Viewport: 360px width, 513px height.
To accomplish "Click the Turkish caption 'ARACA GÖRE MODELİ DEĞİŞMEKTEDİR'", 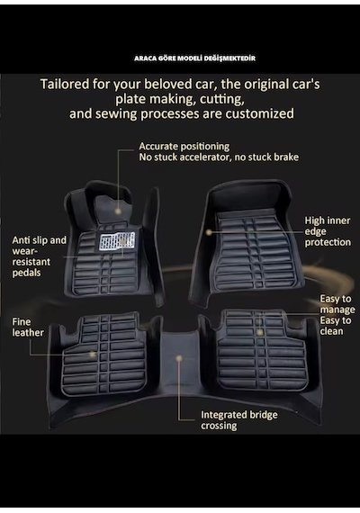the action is pyautogui.click(x=194, y=58).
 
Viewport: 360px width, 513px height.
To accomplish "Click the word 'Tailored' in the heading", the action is pyautogui.click(x=65, y=85).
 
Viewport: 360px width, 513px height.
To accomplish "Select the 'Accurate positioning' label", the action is pyautogui.click(x=184, y=146).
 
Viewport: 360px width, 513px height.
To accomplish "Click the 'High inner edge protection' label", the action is pyautogui.click(x=328, y=231).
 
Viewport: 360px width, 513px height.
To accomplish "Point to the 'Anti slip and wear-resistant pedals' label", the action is pyautogui.click(x=40, y=256).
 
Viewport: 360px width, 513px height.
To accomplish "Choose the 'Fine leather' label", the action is pyautogui.click(x=28, y=328).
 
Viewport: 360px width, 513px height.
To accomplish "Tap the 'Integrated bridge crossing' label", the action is pyautogui.click(x=239, y=420).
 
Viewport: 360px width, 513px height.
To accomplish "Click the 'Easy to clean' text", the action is pyautogui.click(x=336, y=326).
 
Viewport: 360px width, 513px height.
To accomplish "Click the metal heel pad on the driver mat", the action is pyautogui.click(x=117, y=241).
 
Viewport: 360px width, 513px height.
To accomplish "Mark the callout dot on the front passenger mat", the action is pyautogui.click(x=209, y=232).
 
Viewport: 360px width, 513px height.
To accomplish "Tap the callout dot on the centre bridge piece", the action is pyautogui.click(x=179, y=358).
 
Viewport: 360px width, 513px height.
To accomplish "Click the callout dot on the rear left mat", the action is pyautogui.click(x=93, y=354).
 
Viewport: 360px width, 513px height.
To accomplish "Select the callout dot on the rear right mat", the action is pyautogui.click(x=260, y=332).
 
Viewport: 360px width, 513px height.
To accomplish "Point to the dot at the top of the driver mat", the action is pyautogui.click(x=118, y=211).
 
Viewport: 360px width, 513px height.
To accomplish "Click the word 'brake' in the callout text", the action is pyautogui.click(x=286, y=157).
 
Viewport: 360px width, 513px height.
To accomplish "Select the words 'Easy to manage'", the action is pyautogui.click(x=337, y=304).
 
